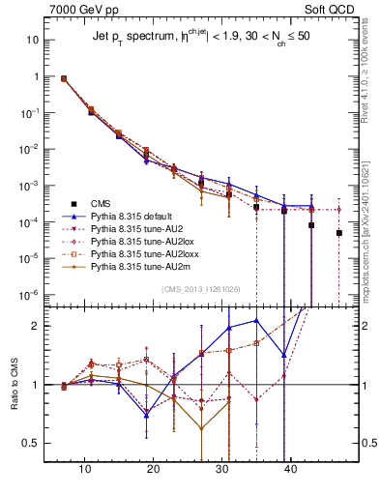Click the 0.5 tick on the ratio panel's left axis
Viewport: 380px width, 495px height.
tap(32, 444)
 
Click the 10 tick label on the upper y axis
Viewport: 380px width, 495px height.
tap(33, 42)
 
